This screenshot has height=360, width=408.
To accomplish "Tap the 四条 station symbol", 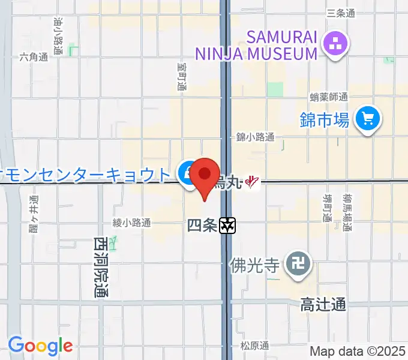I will [x=228, y=226].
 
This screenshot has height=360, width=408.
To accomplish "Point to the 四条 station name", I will [x=201, y=226].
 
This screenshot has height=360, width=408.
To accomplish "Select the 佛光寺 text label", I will [x=255, y=263].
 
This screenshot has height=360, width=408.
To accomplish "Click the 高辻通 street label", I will [x=323, y=305].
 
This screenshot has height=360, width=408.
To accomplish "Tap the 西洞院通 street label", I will [x=100, y=267].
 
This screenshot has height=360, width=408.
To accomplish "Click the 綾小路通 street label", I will [x=131, y=223].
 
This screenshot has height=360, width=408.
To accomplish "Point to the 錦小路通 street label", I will [x=255, y=137].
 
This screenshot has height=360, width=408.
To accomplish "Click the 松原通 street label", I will [x=254, y=345].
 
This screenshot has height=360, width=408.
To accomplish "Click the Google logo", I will [x=40, y=346].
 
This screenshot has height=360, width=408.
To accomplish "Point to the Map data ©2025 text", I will [x=358, y=350].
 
